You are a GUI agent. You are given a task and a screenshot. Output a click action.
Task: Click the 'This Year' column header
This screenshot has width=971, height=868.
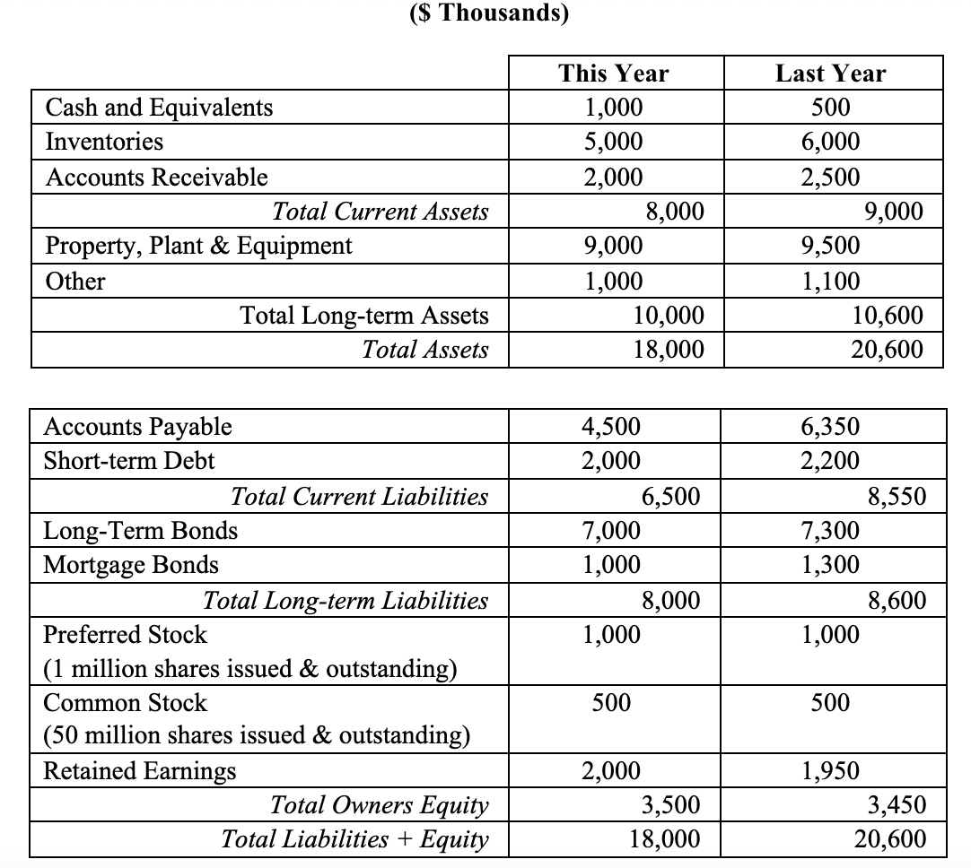click(613, 74)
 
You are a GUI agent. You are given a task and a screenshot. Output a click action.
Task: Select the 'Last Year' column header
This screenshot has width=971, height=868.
click(830, 74)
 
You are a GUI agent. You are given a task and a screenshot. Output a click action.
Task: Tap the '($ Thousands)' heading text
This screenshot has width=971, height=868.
click(485, 14)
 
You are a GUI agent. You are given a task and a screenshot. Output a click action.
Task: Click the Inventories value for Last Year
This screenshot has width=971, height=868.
click(830, 142)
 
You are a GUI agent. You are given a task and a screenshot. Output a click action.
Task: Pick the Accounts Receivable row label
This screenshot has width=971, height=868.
click(156, 178)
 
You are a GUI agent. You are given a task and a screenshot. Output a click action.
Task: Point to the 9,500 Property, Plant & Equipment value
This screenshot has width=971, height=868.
click(830, 246)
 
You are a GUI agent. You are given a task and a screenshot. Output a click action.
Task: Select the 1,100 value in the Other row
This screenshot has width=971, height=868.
click(830, 282)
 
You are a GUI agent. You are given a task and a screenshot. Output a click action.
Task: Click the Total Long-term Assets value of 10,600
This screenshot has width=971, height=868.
click(887, 316)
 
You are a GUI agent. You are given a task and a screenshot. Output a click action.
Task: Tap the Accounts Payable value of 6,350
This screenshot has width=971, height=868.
click(830, 427)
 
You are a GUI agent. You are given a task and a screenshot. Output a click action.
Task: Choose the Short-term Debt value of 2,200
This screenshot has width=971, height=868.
click(830, 461)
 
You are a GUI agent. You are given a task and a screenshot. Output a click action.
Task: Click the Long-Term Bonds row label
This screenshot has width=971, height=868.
click(141, 531)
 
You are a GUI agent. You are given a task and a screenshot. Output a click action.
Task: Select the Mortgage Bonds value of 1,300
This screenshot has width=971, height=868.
click(830, 565)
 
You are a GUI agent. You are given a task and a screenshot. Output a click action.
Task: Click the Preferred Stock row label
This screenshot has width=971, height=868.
click(125, 635)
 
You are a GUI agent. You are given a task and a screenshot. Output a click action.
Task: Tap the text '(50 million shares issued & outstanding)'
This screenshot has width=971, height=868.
click(257, 736)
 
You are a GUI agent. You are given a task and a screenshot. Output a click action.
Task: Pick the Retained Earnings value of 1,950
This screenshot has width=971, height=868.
click(830, 771)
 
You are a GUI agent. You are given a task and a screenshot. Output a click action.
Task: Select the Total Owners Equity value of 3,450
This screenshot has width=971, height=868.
click(893, 805)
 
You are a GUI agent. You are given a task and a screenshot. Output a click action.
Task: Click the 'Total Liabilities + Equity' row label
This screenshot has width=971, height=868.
click(355, 839)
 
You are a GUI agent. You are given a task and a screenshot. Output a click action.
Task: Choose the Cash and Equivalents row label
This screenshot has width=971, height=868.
click(159, 108)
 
